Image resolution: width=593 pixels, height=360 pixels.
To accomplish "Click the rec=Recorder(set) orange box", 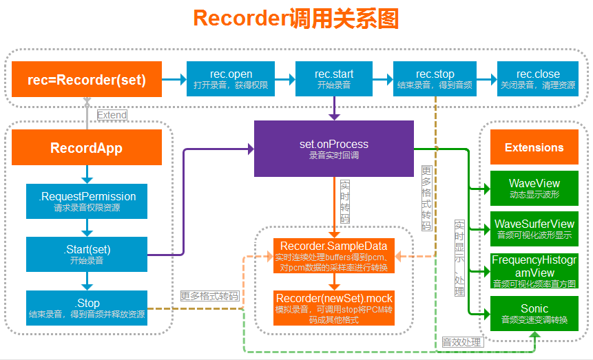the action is coord(87,79).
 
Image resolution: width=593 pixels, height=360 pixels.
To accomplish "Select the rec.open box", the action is coord(231,79).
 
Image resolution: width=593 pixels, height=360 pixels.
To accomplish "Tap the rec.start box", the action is coord(334,79).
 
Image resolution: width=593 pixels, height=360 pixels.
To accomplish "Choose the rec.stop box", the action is coord(435,79).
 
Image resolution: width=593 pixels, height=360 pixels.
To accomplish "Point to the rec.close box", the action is coord(538,79).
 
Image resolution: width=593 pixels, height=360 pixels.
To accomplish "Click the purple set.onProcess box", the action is coord(334,149).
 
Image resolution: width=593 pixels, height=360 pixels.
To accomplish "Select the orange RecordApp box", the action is coord(87,147).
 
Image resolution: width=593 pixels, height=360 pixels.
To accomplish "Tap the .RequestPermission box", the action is coord(87,201).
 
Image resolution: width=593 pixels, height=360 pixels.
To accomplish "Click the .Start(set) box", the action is coord(87,254).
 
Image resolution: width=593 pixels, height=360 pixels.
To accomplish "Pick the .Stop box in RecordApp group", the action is coord(87,308).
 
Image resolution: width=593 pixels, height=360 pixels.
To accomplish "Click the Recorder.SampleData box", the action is coord(334,255).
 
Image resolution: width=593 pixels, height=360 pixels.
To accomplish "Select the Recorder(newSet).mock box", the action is coord(334,308).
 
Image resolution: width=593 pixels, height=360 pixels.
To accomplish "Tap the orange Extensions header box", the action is coord(534,147).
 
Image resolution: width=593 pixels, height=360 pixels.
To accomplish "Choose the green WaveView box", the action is coord(534,189).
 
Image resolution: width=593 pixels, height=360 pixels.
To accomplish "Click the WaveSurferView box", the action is coord(534,229).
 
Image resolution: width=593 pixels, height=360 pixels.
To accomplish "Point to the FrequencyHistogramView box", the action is coord(534,271).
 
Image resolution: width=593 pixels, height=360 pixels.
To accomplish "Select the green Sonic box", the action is coord(534,313).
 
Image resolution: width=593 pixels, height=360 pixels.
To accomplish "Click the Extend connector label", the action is coord(112,115).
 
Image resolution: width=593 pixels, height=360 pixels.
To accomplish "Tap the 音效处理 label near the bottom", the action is coord(462,342).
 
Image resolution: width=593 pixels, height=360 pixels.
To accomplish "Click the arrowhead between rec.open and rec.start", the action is coord(292,79).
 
